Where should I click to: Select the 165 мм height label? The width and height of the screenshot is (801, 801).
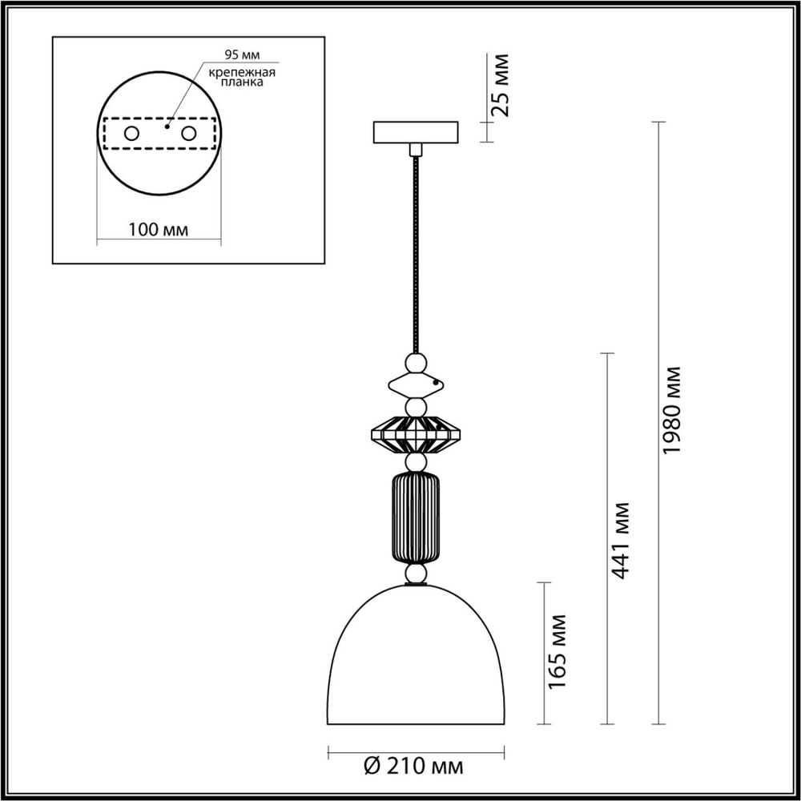tap(558, 651)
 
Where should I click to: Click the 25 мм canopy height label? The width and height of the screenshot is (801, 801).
tap(500, 84)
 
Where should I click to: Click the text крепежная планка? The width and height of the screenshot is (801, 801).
tap(242, 78)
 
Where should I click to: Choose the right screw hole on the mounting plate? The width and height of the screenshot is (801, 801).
tap(189, 134)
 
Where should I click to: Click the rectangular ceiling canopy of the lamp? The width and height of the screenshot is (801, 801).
tap(415, 131)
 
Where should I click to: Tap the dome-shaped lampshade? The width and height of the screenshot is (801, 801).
tap(415, 657)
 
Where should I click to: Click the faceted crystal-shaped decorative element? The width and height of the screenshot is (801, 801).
tap(415, 437)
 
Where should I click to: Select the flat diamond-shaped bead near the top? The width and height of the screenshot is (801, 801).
tap(415, 386)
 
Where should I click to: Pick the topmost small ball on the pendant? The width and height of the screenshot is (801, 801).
tap(415, 364)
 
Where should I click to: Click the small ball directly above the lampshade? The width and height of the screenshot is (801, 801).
tap(415, 574)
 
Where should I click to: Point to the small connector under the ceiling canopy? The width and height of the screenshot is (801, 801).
tap(415, 149)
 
